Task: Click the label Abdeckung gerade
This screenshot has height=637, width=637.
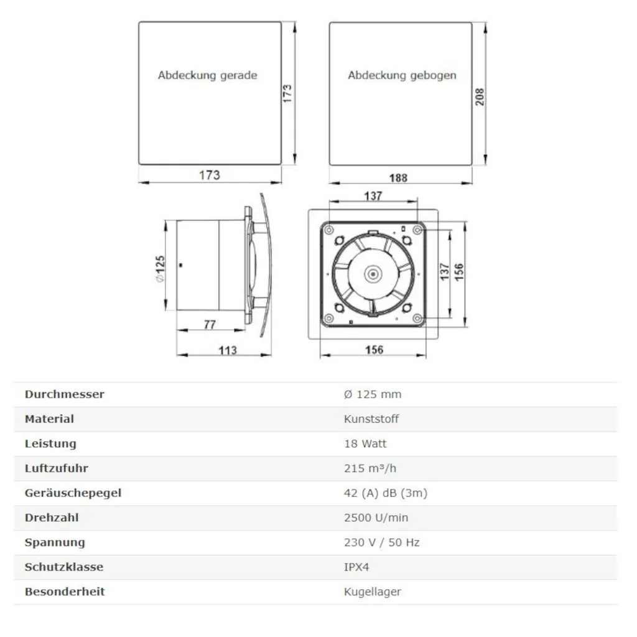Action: pyautogui.click(x=207, y=75)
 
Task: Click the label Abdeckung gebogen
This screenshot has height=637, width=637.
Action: pyautogui.click(x=402, y=75)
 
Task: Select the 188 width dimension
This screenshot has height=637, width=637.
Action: pyautogui.click(x=398, y=178)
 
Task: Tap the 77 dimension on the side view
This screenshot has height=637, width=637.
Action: pyautogui.click(x=209, y=324)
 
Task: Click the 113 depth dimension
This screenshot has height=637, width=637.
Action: pyautogui.click(x=228, y=350)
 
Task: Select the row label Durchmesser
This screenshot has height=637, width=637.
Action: pyautogui.click(x=64, y=394)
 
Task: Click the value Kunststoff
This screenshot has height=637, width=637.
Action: pyautogui.click(x=371, y=419)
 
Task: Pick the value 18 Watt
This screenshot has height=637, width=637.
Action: pyautogui.click(x=365, y=444)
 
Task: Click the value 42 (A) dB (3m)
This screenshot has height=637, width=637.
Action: pyautogui.click(x=385, y=493)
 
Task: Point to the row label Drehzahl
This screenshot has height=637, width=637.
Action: pyautogui.click(x=52, y=518)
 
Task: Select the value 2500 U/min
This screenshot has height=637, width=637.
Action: pyautogui.click(x=376, y=518)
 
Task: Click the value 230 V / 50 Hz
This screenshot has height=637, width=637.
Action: pyautogui.click(x=381, y=542)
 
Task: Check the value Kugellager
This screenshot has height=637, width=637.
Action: pyautogui.click(x=372, y=592)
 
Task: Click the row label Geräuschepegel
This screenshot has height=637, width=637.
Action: pyautogui.click(x=73, y=493)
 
